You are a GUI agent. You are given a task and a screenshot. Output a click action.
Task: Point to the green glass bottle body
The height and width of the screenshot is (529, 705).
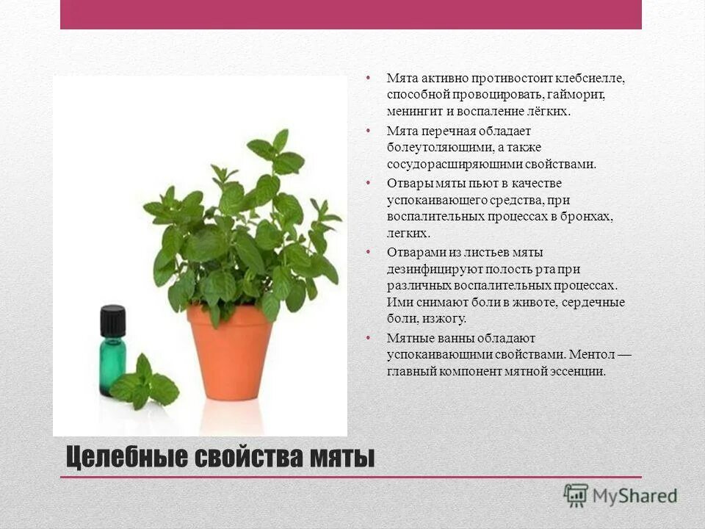(112, 360)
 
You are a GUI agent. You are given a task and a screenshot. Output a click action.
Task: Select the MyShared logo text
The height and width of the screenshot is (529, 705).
(634, 495)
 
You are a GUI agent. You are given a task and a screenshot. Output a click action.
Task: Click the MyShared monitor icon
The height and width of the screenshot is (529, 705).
(576, 495)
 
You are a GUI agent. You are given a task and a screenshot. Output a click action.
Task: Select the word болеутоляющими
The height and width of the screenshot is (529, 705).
(433, 148)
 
